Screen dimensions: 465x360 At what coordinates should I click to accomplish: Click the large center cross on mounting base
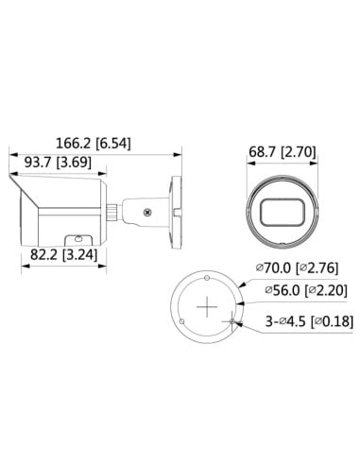point(206,308)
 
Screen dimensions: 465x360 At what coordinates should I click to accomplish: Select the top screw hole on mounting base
point(206,279)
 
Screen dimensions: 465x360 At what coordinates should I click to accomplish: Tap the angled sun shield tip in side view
point(11,176)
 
